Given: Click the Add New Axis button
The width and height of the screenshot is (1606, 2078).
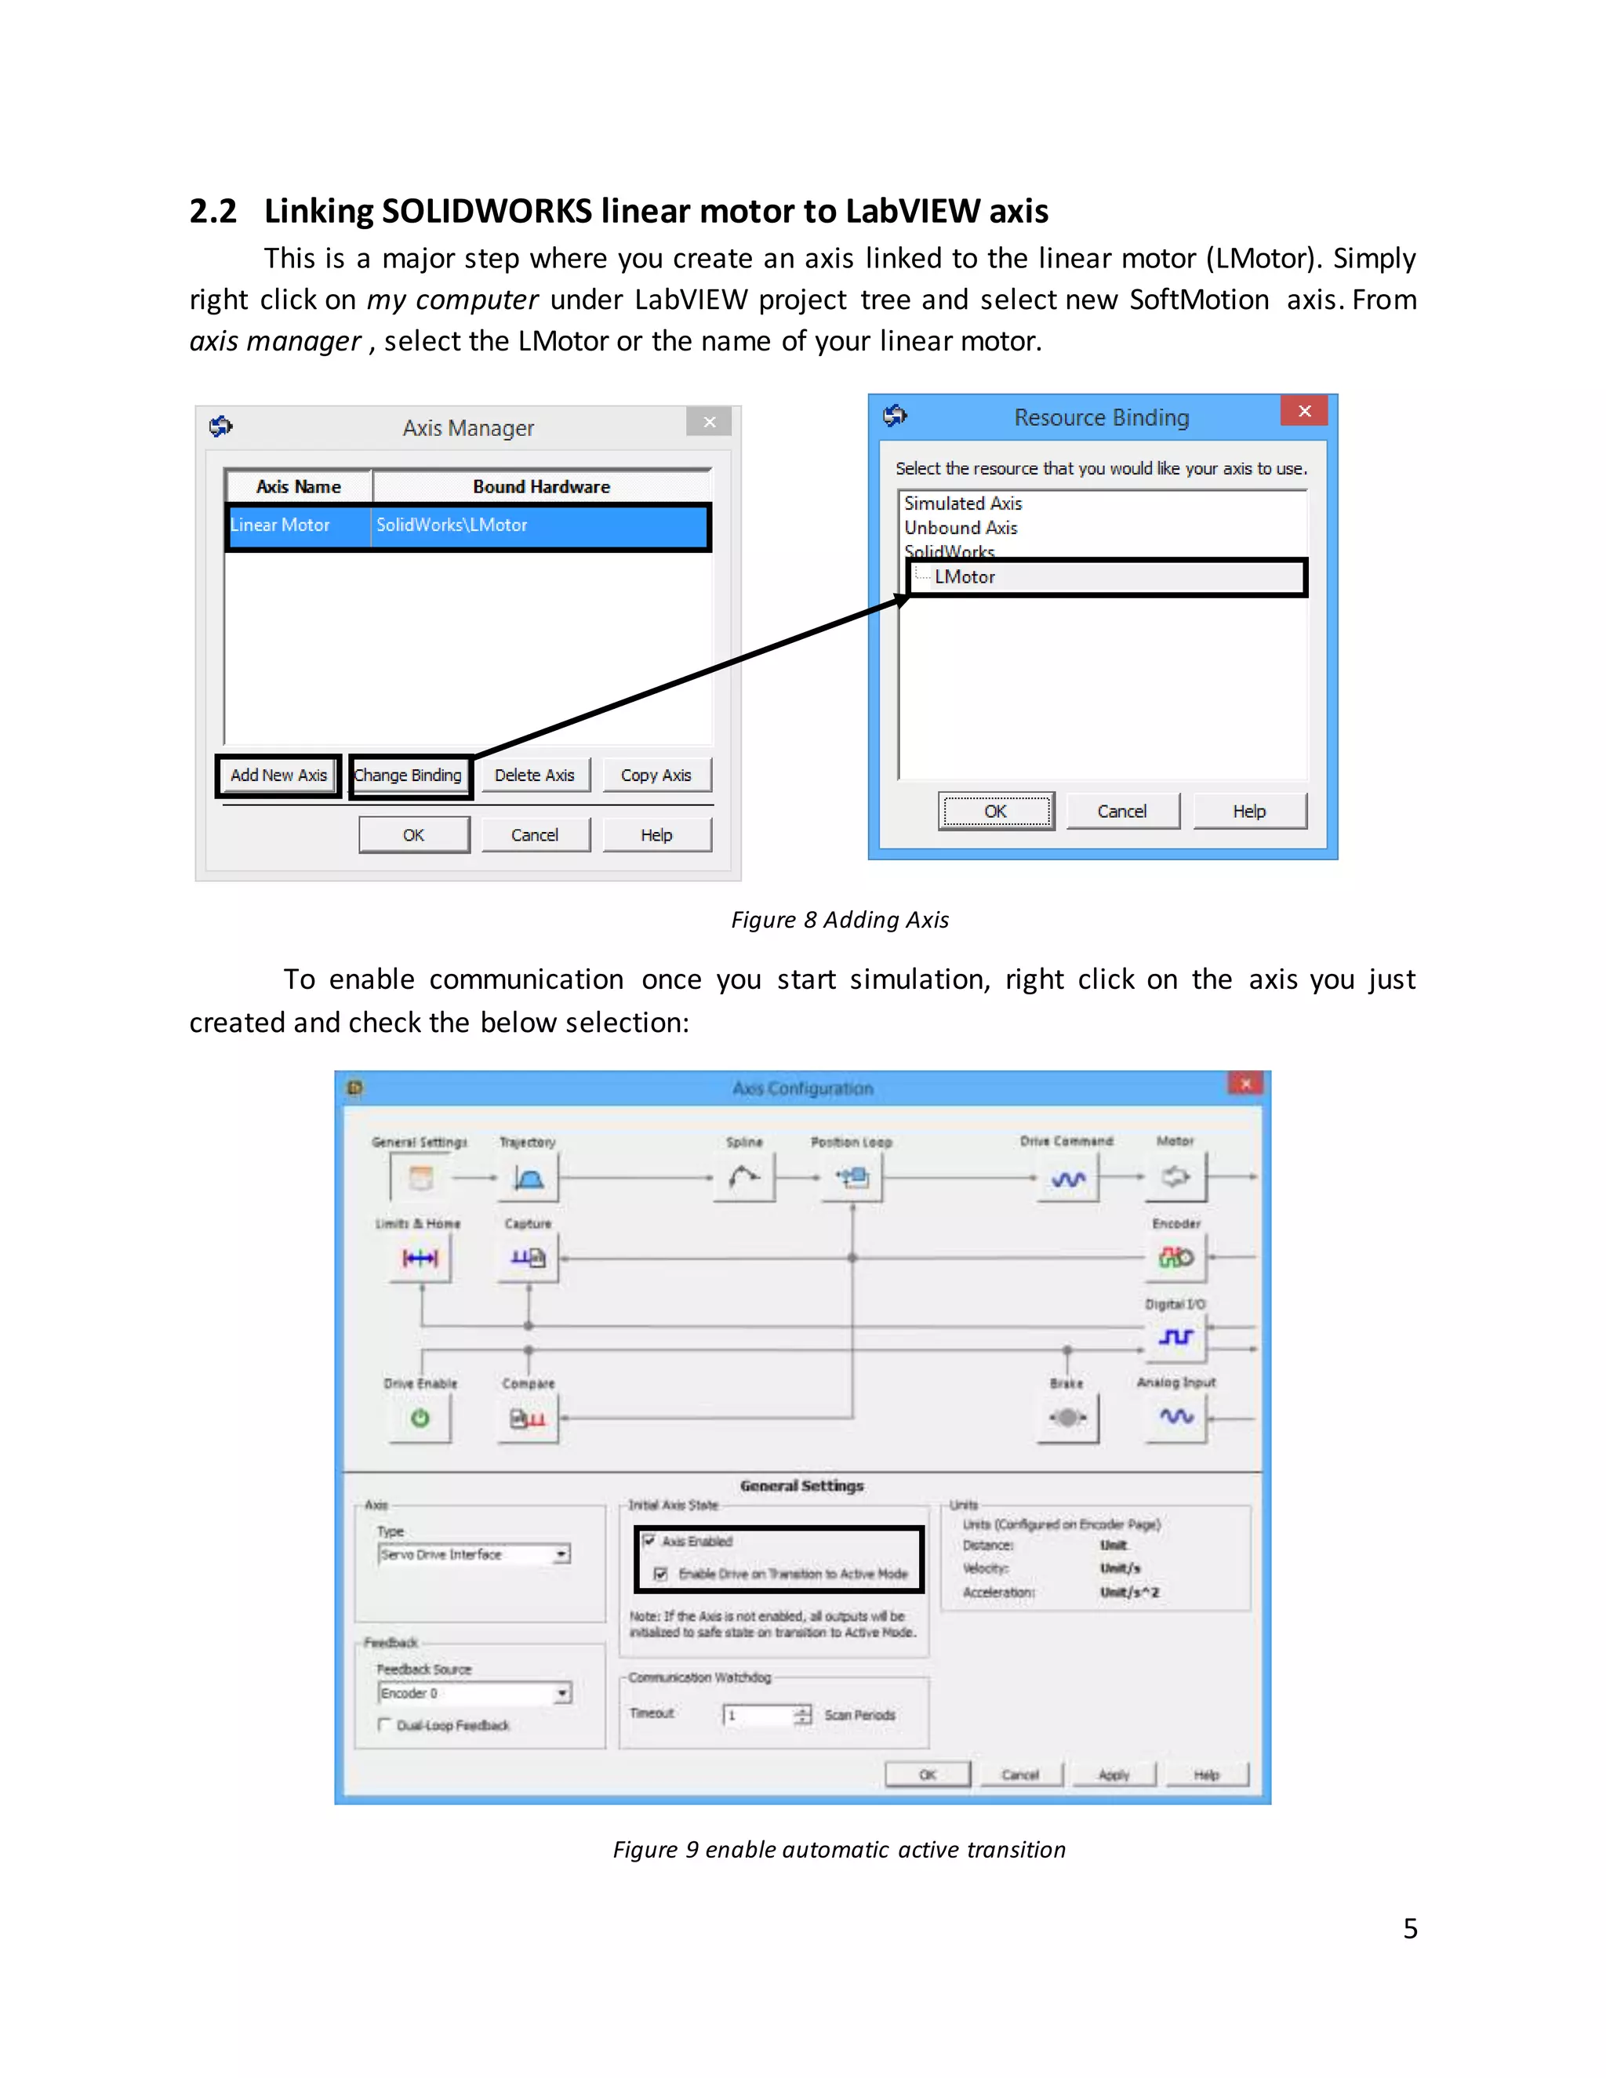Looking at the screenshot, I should (278, 776).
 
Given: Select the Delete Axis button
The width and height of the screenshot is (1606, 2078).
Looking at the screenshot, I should (534, 776).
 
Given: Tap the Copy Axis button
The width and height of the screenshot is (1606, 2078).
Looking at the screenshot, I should (656, 776).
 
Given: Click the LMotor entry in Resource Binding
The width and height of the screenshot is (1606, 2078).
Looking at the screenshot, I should (965, 576).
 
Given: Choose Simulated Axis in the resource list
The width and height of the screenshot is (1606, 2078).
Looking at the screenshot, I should (963, 503).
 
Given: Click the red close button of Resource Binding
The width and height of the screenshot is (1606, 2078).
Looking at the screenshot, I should (1303, 411).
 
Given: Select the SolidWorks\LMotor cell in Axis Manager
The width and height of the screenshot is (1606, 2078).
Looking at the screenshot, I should (452, 525).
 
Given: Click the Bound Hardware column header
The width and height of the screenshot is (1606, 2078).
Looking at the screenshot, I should (541, 486).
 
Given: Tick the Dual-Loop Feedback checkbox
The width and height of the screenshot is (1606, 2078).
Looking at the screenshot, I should (384, 1725).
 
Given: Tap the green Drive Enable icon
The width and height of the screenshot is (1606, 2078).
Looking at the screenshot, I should (420, 1419).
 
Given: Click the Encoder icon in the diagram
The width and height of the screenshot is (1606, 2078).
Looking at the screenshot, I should (1176, 1258).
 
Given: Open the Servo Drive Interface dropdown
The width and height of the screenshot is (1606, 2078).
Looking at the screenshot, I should (561, 1553).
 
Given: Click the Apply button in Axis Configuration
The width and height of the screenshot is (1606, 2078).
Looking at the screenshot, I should (1114, 1775).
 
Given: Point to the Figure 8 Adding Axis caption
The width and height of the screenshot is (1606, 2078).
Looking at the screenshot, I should (839, 920).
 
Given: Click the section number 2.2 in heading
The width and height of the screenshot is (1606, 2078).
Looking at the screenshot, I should (213, 211).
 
